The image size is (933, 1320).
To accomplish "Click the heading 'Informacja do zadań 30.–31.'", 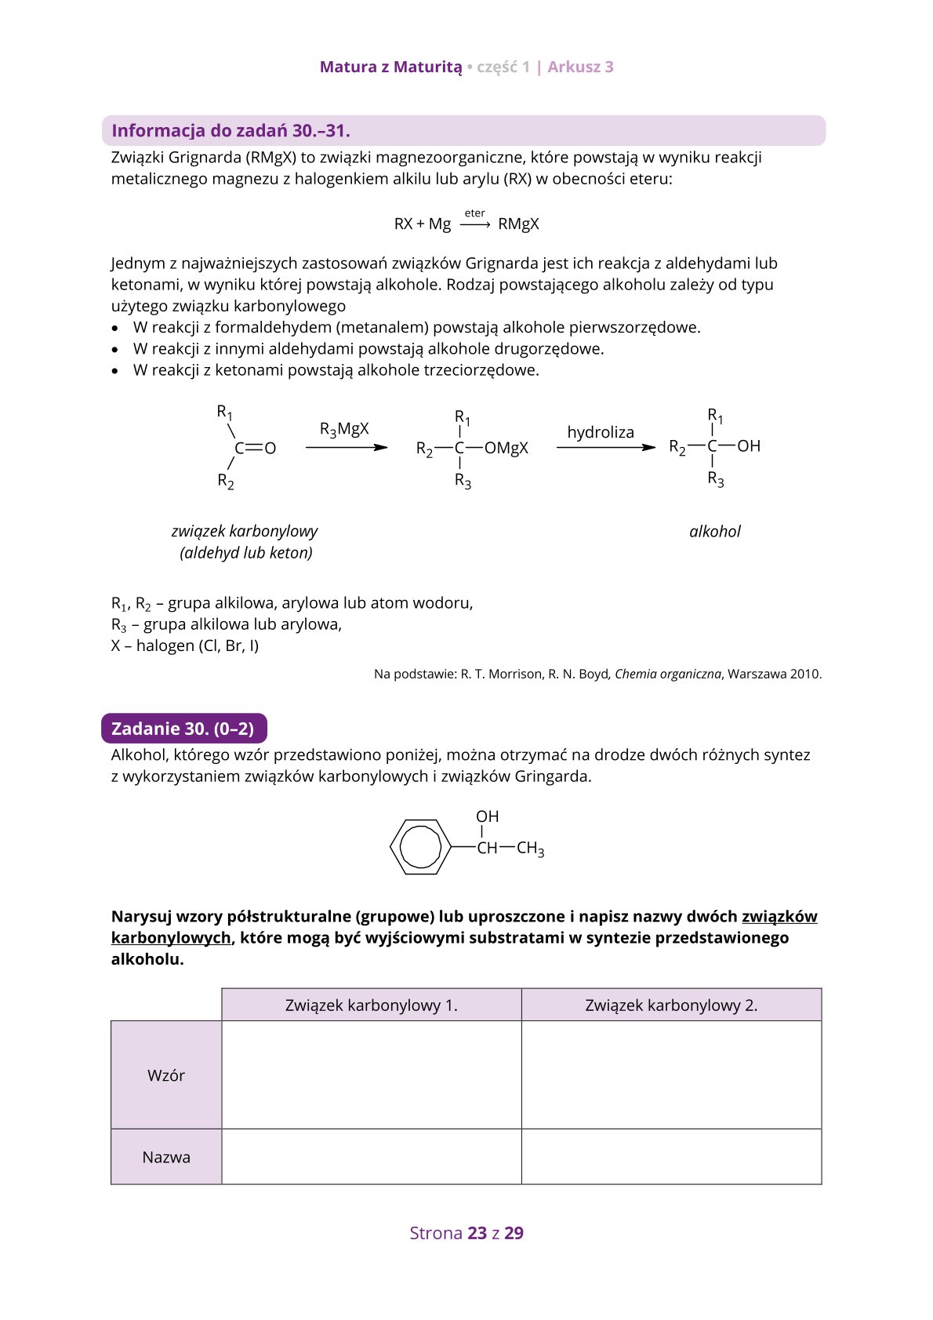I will pos(231,131).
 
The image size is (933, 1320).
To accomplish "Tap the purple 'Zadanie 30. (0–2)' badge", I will pos(183,729).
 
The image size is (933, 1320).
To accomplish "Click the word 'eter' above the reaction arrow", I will pos(474,213).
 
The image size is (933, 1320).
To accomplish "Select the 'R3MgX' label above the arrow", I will pos(344,429).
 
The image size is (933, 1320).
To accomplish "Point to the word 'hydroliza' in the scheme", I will pos(601,432).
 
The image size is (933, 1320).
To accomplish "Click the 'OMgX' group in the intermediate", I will pos(506,448).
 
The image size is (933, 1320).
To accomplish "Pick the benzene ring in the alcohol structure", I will pos(420,847).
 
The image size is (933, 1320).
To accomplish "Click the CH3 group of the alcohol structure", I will pos(530,848).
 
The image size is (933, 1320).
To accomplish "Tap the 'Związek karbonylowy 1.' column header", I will pos(372,1005).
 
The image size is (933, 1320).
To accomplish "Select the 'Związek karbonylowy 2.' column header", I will pos(671,1005).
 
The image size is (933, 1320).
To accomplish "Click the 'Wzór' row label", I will pos(166,1075).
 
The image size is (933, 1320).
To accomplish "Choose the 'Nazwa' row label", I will pos(166,1157).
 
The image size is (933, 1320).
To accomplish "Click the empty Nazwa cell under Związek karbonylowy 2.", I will pos(671,1157).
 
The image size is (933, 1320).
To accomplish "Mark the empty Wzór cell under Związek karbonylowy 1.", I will pos(372,1075).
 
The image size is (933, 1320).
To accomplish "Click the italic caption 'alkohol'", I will pos(714,532).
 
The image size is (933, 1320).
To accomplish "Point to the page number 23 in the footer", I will pos(477,1233).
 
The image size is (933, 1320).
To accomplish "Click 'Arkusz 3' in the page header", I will pos(580,67).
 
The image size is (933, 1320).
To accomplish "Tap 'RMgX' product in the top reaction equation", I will pos(518,224).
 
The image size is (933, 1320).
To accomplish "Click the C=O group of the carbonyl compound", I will pos(256,449).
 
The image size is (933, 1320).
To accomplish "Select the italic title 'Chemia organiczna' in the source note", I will pos(667,674).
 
